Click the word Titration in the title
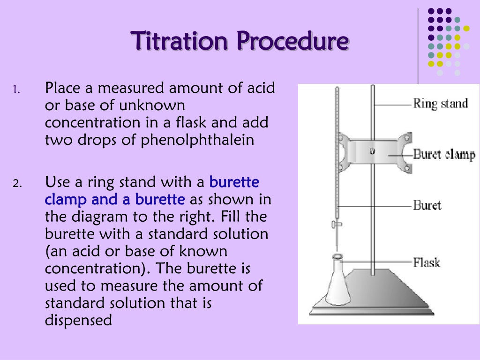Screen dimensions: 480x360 click(180, 41)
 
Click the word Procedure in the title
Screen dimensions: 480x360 click(293, 41)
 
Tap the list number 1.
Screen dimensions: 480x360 click(16, 90)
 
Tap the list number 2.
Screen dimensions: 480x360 click(17, 183)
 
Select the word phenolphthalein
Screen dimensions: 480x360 click(197, 140)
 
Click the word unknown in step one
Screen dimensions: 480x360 click(152, 105)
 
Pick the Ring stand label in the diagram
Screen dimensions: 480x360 click(441, 104)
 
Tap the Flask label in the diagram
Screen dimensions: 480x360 click(427, 262)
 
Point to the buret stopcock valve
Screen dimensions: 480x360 click(336, 225)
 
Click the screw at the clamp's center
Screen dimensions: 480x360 click(372, 151)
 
